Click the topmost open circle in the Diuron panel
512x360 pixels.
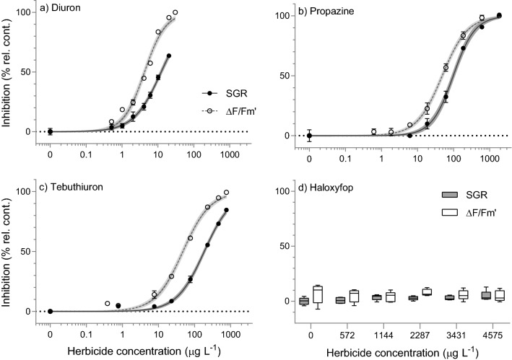coord(175,13)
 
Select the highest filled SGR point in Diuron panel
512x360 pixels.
coord(168,56)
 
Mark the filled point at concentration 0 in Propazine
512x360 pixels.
coord(309,136)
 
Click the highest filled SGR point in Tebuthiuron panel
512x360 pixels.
coord(227,211)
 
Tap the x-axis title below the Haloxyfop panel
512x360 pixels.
coord(404,352)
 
